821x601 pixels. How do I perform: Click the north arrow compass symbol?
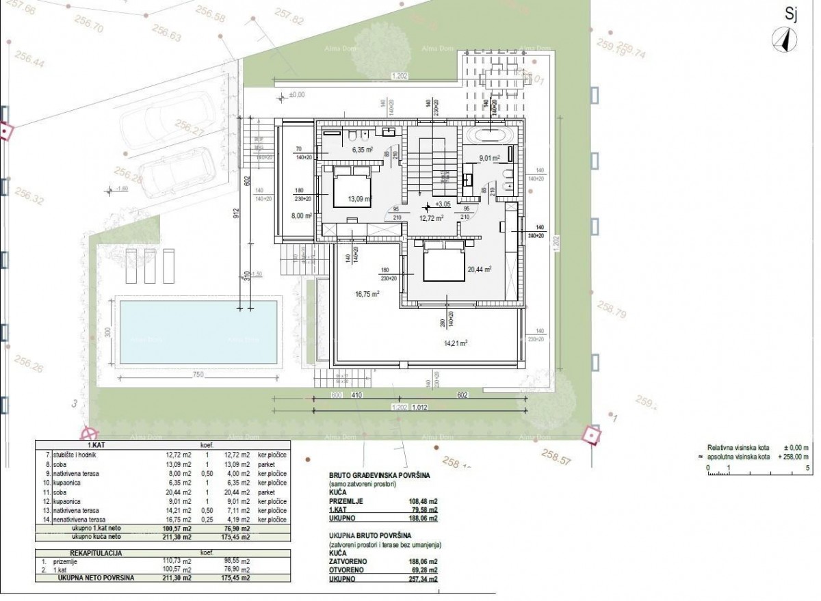[782, 40]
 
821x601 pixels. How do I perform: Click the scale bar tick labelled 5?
[808, 468]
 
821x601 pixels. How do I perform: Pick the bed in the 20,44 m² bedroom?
[445, 262]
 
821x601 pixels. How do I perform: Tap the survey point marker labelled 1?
[590, 433]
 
